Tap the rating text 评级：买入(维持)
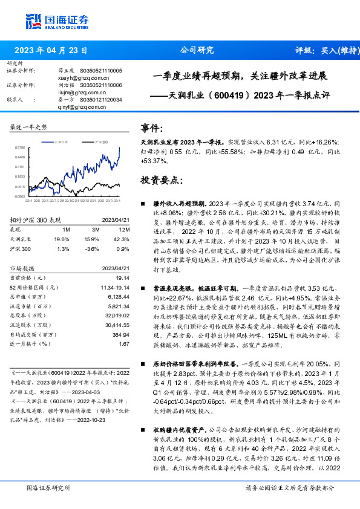coord(326,50)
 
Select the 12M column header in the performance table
coord(125,230)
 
